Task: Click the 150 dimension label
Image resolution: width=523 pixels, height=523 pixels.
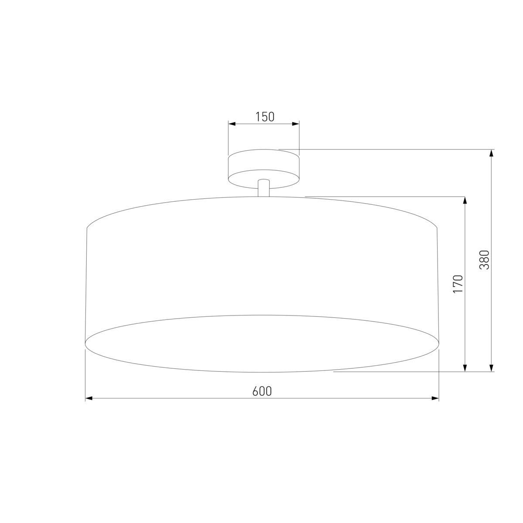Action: pyautogui.click(x=265, y=117)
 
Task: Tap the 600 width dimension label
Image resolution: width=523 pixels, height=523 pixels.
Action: pyautogui.click(x=262, y=391)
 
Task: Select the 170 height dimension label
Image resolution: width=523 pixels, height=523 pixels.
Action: pyautogui.click(x=458, y=284)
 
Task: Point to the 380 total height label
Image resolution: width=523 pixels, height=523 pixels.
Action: pyautogui.click(x=484, y=260)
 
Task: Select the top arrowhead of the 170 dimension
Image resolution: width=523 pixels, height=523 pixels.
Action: pyautogui.click(x=465, y=200)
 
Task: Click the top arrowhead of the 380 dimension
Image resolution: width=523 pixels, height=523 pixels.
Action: pyautogui.click(x=492, y=153)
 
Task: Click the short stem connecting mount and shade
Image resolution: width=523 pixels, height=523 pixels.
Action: pyautogui.click(x=263, y=188)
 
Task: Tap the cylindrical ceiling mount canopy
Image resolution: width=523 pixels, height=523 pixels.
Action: pyautogui.click(x=264, y=166)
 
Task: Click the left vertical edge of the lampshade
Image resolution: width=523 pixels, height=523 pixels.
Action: pyautogui.click(x=86, y=283)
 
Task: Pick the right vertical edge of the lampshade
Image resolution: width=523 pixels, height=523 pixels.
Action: pyautogui.click(x=437, y=283)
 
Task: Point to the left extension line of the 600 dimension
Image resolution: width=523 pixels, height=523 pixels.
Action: pyautogui.click(x=85, y=375)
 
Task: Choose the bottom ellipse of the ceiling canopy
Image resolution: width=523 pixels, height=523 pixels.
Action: pyautogui.click(x=264, y=186)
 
